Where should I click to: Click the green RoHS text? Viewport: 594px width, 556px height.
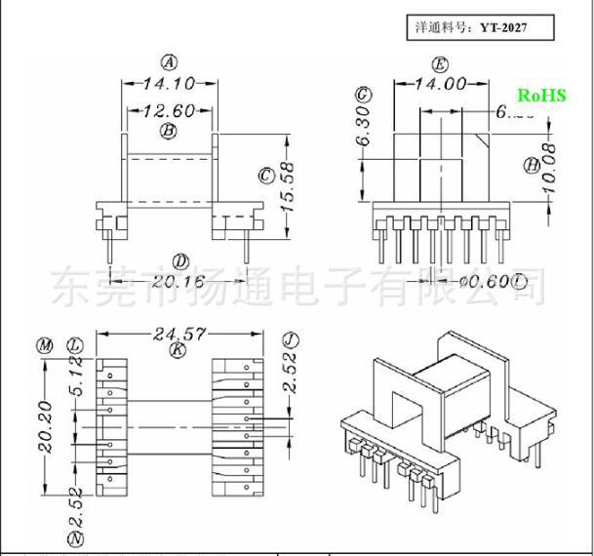541,95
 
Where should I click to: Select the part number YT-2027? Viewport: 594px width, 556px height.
503,27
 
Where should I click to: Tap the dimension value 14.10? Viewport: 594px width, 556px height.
169,84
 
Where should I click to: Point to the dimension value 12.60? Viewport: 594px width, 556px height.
169,110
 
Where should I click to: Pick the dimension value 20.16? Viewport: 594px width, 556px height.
179,281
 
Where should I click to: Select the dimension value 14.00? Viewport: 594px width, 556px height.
441,84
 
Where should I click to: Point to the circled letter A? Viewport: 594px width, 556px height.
170,63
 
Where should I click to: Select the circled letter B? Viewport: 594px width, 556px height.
168,130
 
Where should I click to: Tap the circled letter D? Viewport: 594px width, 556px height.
179,261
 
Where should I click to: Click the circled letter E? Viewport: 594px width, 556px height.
441,65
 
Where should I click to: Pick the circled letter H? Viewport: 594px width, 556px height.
532,166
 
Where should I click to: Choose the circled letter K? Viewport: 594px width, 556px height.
177,350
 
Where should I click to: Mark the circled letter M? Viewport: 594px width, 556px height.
44,346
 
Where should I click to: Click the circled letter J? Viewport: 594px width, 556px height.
290,339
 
